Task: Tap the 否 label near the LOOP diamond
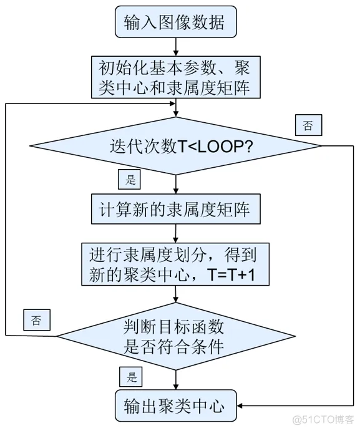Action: tap(308, 125)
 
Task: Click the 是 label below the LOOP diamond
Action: tap(130, 180)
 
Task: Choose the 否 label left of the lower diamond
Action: tap(36, 321)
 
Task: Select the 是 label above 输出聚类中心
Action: tap(130, 377)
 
